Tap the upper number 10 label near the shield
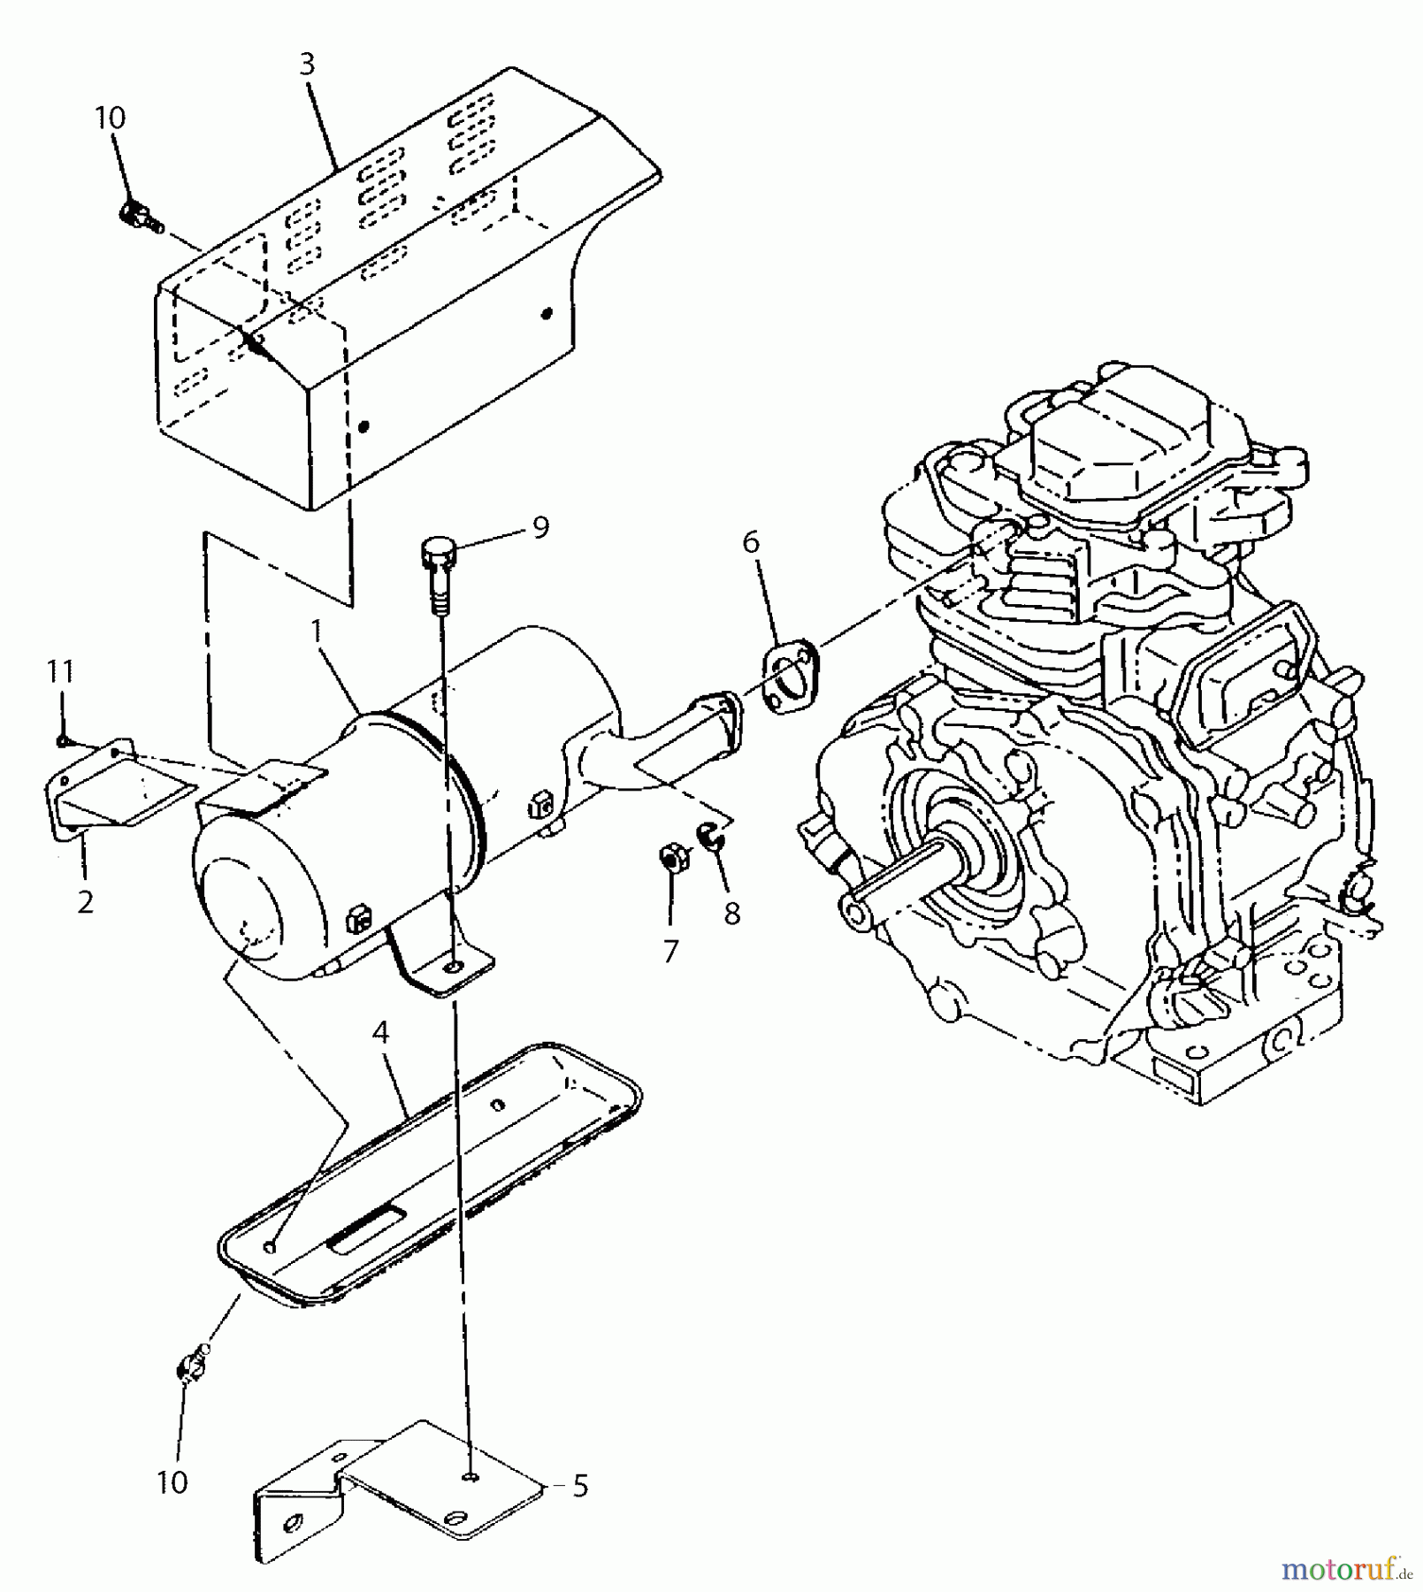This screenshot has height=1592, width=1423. pyautogui.click(x=111, y=119)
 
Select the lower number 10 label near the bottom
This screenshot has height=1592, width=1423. pyautogui.click(x=172, y=1482)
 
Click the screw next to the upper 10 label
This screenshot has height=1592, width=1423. pyautogui.click(x=139, y=215)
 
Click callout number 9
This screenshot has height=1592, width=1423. pyautogui.click(x=540, y=528)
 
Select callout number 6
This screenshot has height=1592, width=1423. pyautogui.click(x=751, y=541)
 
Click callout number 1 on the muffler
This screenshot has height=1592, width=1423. pyautogui.click(x=315, y=632)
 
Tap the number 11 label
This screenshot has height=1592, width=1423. pyautogui.click(x=60, y=671)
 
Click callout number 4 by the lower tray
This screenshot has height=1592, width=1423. pyautogui.click(x=380, y=1031)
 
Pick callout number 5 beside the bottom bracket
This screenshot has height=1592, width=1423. pyautogui.click(x=580, y=1486)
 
